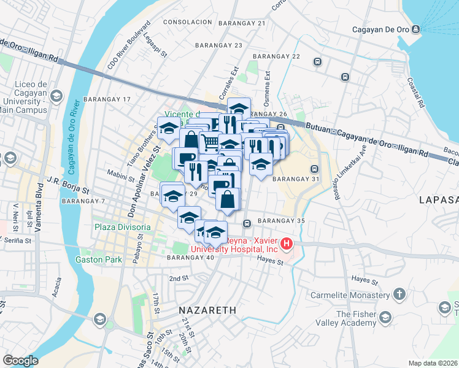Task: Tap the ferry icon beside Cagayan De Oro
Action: point(416,29)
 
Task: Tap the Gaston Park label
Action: point(98,259)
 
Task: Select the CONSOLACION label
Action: point(187,21)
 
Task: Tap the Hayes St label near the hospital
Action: point(270,262)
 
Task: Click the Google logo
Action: point(20,360)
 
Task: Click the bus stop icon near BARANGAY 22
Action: point(317,61)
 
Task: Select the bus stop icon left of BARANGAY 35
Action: point(247,224)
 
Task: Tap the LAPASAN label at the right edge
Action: point(438,200)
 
